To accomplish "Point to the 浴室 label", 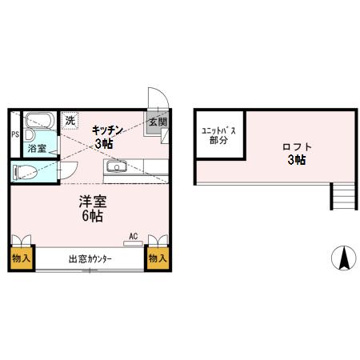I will click(x=37, y=149).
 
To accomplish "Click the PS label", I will click(x=14, y=134).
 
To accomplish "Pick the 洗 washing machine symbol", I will click(x=70, y=121).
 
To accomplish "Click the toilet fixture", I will click(x=26, y=170).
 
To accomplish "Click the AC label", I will click(x=134, y=236).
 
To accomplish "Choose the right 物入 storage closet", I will click(x=158, y=258).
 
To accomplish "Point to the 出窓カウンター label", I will click(x=90, y=259).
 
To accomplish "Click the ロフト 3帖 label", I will click(x=297, y=153).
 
